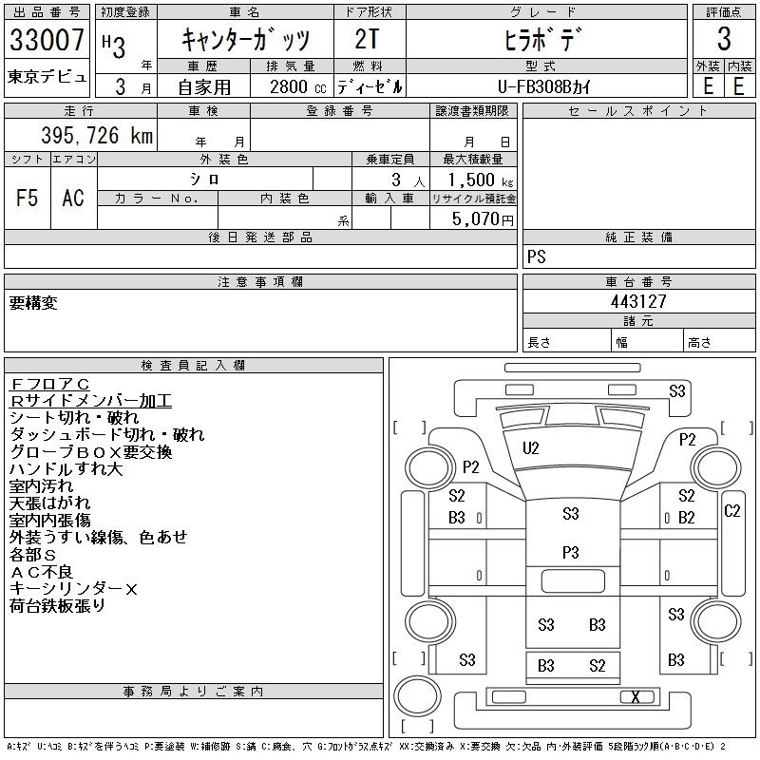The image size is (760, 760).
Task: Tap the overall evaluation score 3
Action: coord(724,40)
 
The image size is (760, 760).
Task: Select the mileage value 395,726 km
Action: coord(96,136)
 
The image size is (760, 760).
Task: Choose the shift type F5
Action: coord(28,198)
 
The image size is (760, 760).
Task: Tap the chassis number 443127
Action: coord(638,301)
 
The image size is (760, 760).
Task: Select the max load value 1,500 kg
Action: coord(473,180)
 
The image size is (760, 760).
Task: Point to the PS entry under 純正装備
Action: coord(537,257)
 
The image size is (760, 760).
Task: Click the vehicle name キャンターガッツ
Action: coord(245,41)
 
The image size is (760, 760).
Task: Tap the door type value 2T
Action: coord(369,41)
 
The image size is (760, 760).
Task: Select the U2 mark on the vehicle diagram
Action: coord(531,447)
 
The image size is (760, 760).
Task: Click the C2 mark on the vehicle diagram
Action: coord(732,511)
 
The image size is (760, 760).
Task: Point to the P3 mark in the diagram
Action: coord(571,552)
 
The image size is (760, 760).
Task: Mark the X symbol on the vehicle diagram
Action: coord(635,697)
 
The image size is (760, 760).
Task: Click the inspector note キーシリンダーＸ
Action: coord(74,589)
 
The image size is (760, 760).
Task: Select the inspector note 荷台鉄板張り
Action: coord(57,606)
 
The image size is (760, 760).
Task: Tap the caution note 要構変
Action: coord(33,303)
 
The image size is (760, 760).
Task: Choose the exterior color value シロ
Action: coord(205,179)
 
